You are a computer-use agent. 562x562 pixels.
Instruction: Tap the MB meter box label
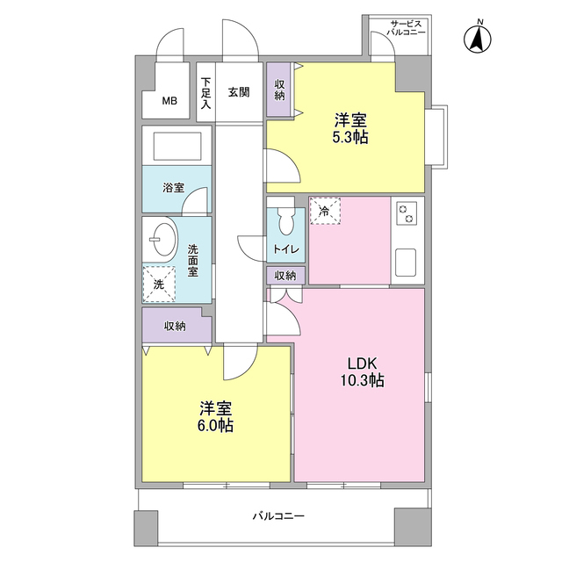[169, 100]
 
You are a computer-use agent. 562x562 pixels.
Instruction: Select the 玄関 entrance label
[239, 90]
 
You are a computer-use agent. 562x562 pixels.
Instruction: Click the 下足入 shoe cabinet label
[205, 93]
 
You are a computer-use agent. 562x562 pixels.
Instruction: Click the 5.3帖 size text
[349, 138]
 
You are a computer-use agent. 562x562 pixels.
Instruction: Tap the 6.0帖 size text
[215, 426]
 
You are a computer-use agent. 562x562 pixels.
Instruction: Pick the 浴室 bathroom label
[173, 188]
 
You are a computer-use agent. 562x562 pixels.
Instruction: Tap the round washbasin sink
[162, 237]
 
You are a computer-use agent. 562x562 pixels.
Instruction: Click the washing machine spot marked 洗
[159, 284]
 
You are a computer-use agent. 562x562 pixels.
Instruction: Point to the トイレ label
[285, 249]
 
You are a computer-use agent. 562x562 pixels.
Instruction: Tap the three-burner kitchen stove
[407, 216]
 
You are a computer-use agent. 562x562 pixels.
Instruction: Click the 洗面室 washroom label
[193, 260]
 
